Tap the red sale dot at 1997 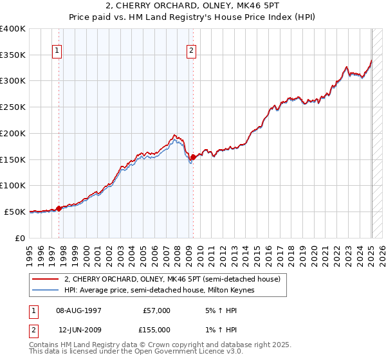click(59, 208)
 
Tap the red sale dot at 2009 click(193, 157)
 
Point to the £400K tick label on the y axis click(13, 29)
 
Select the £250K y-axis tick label click(13, 107)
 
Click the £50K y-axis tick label click(15, 212)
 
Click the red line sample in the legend click(45, 280)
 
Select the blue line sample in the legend click(45, 291)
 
